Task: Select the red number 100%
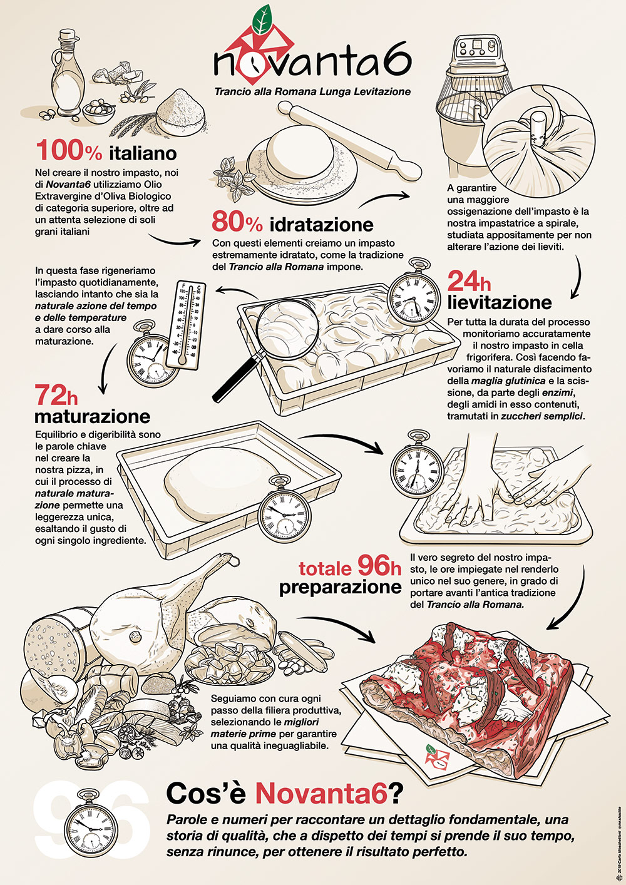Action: click(x=69, y=151)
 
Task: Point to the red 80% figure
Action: click(x=237, y=222)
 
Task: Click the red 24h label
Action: click(x=469, y=282)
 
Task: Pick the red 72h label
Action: click(x=56, y=395)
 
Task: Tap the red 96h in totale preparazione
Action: click(x=379, y=566)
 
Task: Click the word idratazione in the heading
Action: click(x=322, y=225)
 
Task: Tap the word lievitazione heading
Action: click(x=500, y=302)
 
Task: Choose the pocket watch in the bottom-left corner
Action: click(x=91, y=827)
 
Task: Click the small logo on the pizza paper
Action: click(x=434, y=757)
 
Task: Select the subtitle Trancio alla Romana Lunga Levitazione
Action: click(x=312, y=91)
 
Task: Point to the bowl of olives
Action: click(x=98, y=110)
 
